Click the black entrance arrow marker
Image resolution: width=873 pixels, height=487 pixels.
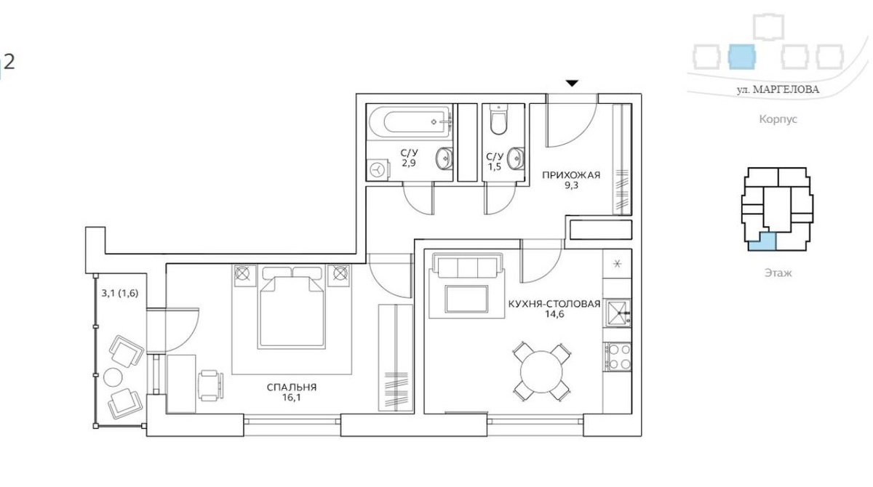click(572, 84)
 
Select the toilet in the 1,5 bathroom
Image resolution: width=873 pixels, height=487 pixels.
click(499, 119)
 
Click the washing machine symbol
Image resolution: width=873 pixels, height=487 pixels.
click(378, 170)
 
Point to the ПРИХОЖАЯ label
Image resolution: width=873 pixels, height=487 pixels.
click(571, 175)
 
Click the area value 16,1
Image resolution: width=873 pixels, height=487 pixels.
click(292, 398)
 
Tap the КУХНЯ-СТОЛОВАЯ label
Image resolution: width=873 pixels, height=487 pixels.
click(554, 304)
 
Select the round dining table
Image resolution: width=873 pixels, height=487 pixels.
click(541, 371)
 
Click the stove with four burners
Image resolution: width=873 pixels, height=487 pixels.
click(618, 357)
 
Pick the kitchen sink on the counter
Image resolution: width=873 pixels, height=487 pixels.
click(618, 313)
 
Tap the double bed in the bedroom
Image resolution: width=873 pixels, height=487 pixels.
click(292, 307)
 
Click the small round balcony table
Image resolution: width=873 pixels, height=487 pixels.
click(113, 377)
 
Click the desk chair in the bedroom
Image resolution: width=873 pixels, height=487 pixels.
click(211, 385)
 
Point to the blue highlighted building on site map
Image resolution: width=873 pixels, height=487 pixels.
click(741, 57)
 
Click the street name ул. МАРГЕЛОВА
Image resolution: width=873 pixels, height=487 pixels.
click(778, 90)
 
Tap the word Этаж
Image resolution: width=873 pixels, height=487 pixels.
click(778, 273)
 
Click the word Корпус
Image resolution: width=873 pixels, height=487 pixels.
click(778, 119)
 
